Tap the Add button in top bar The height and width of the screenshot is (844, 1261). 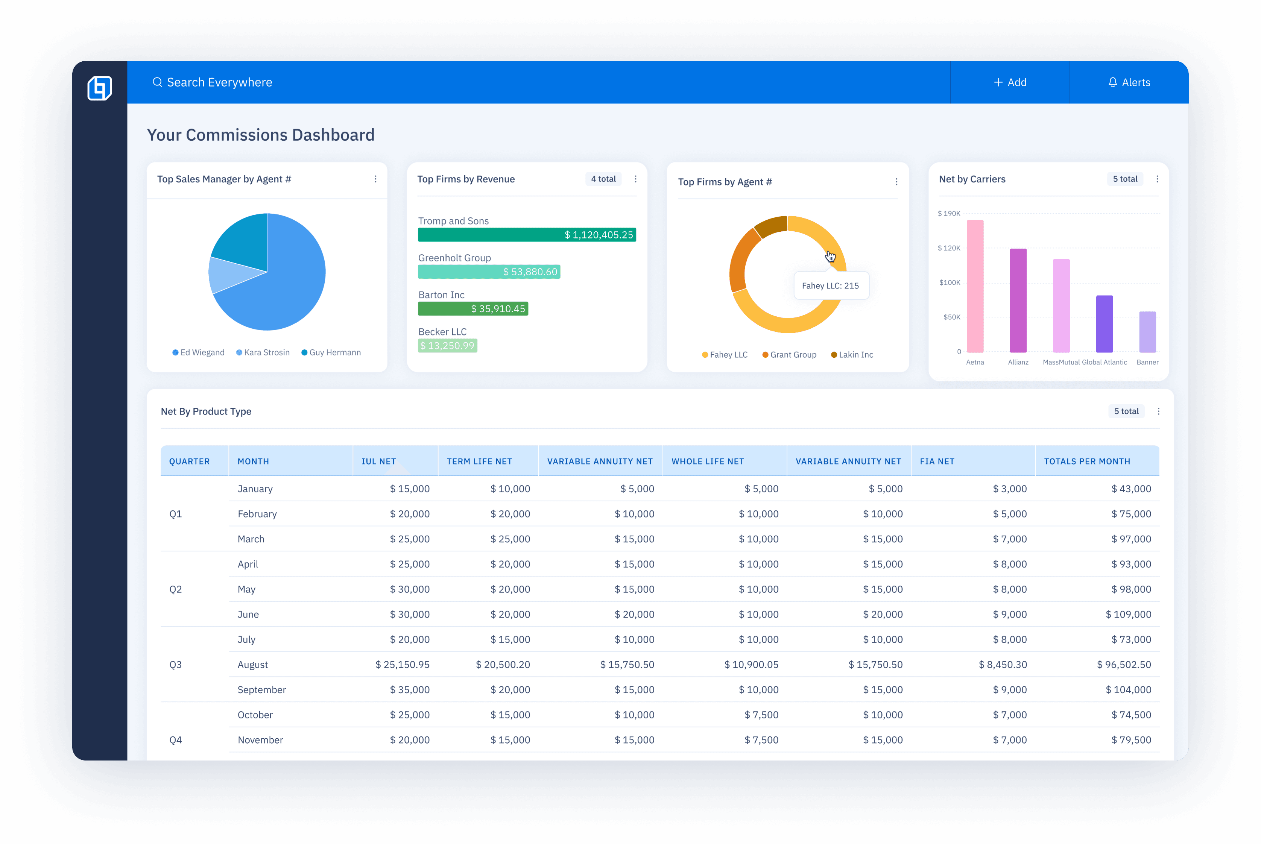[1010, 82]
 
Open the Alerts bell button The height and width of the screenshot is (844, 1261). [1129, 82]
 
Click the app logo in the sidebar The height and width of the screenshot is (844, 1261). [100, 88]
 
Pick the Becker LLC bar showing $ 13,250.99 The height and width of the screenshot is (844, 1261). [447, 346]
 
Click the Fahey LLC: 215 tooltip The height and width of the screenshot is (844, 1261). [830, 286]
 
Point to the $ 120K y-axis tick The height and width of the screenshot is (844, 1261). [949, 248]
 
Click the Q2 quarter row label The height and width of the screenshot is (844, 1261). [176, 589]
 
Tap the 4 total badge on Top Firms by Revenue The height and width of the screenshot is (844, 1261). [603, 179]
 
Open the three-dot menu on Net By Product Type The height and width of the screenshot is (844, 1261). [1158, 411]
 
